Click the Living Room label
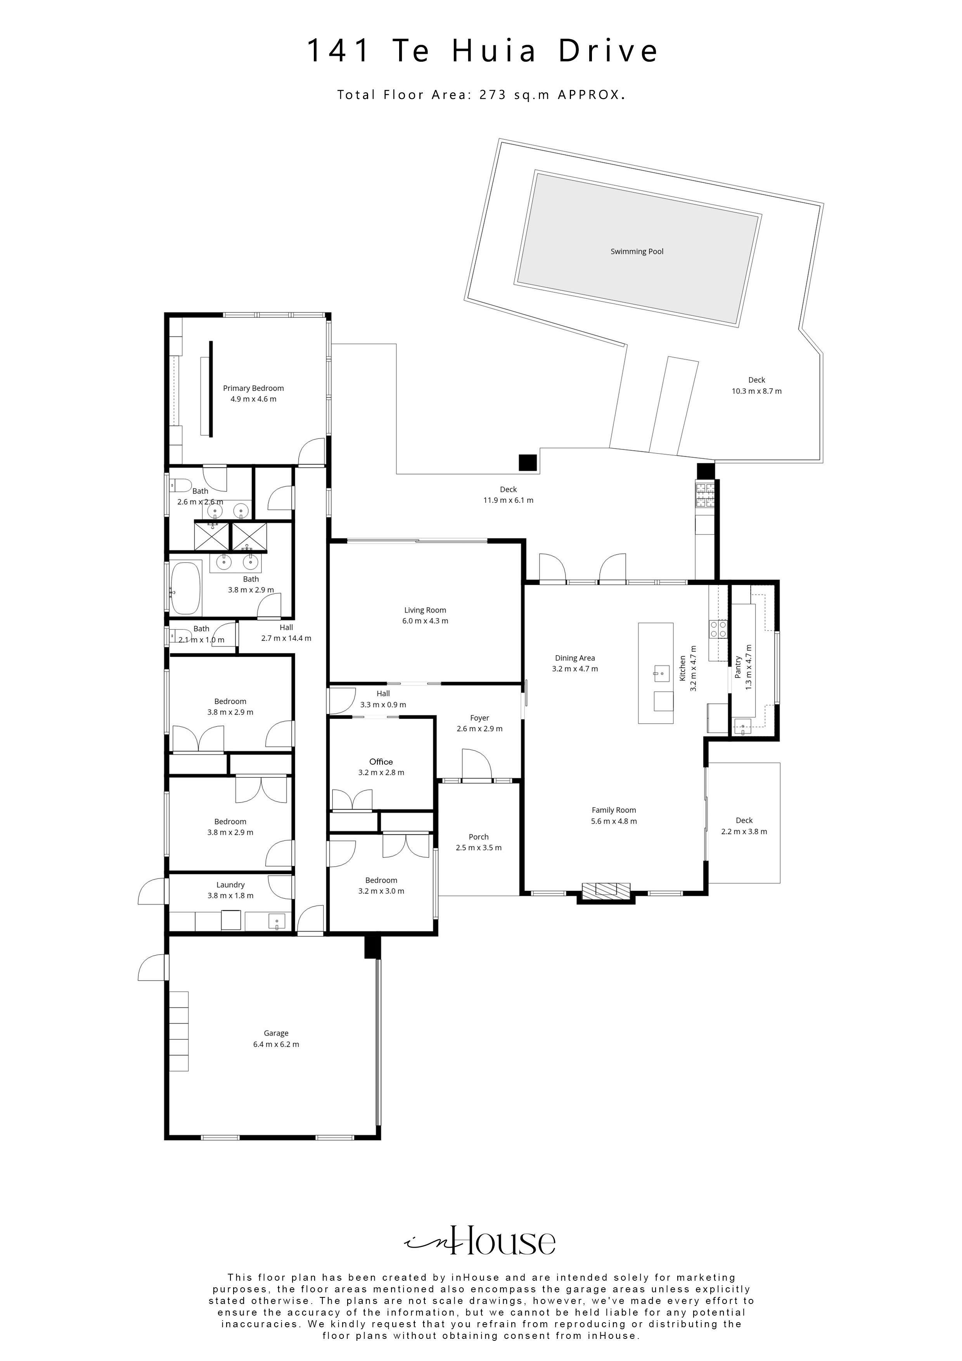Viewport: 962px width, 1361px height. pos(425,610)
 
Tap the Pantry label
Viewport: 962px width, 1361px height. pos(738,667)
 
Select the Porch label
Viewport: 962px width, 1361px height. pos(478,837)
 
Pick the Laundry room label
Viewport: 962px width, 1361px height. pos(230,885)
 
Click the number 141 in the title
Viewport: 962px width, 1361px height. pos(339,51)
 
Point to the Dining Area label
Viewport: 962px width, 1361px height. pos(574,658)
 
